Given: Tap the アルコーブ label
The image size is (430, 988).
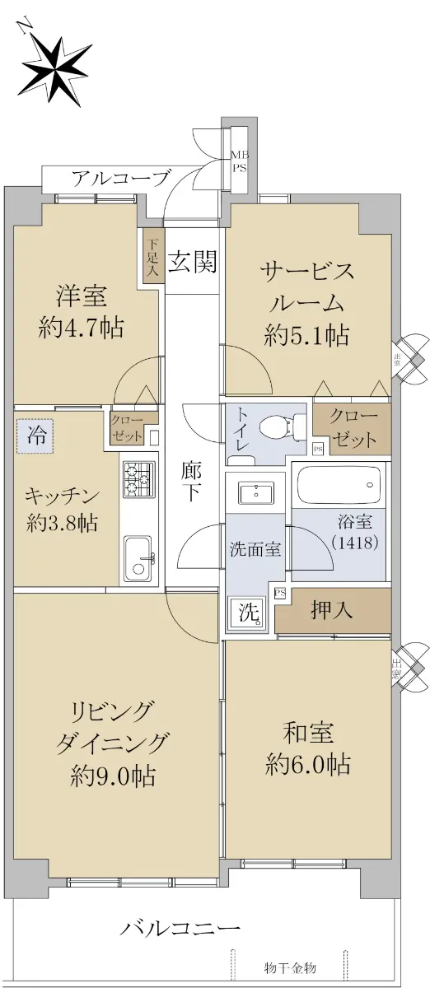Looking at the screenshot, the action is point(121,178).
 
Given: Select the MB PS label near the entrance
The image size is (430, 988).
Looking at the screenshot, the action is point(241,161).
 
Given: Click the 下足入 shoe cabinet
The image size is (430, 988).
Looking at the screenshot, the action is point(152,257).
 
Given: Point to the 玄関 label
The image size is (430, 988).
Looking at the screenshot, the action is point(193,262).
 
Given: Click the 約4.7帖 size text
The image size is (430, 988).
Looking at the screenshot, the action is point(82,328).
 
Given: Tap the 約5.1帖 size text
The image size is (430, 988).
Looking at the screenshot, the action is point(307,335).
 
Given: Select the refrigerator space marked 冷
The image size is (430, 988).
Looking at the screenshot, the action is point(35,436).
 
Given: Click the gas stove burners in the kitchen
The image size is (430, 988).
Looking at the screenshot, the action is point(138,479).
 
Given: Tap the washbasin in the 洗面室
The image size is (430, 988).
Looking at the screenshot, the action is point(255,492).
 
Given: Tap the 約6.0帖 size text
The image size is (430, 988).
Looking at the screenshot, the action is point(308,763).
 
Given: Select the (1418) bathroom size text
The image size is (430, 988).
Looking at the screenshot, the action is point(355,543).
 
